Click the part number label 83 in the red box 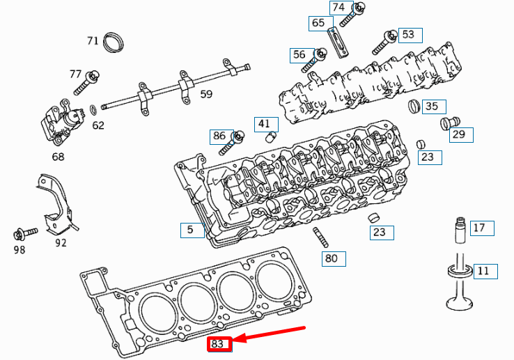tap(218, 344)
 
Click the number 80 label tap(333, 259)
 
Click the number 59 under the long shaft tap(206, 94)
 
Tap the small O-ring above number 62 tap(93, 109)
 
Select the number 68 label tap(58, 157)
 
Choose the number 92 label tap(61, 243)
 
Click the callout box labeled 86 tap(219, 136)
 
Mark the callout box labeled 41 tap(263, 125)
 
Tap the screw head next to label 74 tap(360, 8)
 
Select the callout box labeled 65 tap(318, 23)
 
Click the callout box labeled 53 tap(408, 34)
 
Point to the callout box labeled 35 tap(432, 107)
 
